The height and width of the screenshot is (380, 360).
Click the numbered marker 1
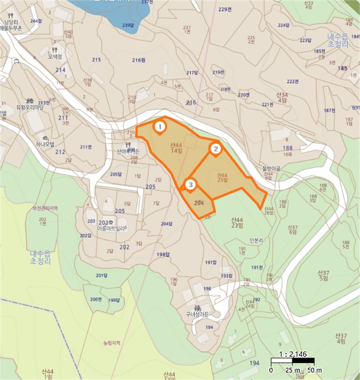[x=160, y=126]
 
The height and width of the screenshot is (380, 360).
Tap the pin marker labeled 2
[x=216, y=148]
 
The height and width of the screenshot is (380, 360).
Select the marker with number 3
[x=190, y=185]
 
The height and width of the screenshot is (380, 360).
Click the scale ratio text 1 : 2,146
[x=292, y=354]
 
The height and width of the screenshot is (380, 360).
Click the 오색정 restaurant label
[x=55, y=56]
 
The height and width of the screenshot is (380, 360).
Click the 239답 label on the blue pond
[x=128, y=25]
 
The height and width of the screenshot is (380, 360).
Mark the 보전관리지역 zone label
[x=45, y=208]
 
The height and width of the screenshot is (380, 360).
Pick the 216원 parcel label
[x=139, y=60]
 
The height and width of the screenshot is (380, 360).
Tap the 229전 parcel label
[x=224, y=9]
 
